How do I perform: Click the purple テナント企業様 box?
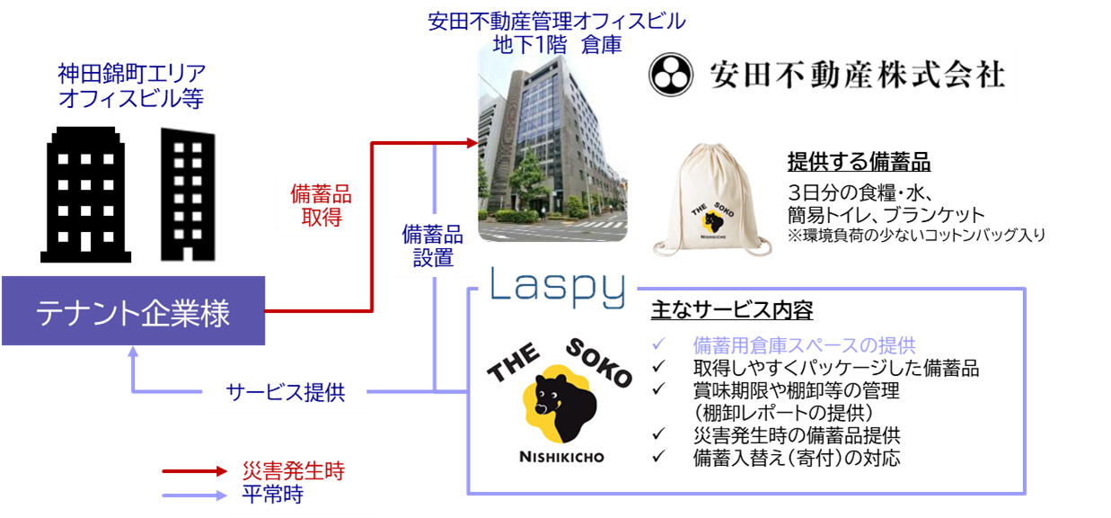133,311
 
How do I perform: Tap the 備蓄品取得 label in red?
321,205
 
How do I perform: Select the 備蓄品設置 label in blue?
433,246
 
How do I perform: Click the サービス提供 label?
285,392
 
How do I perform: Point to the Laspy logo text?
557,287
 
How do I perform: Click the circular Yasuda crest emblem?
670,74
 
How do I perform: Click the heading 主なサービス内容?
732,311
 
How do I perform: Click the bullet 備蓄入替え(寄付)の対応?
796,458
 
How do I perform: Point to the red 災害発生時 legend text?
294,471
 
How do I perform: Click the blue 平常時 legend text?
273,494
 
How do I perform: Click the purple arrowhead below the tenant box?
133,353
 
